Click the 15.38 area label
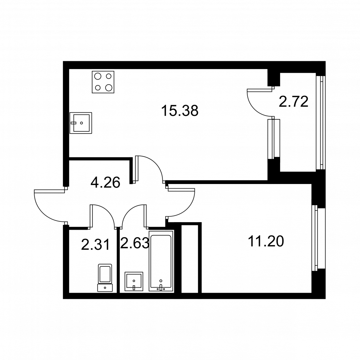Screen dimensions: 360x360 click(x=180, y=111)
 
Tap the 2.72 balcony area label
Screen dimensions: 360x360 click(x=293, y=102)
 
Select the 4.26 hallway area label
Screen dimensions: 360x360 click(x=105, y=183)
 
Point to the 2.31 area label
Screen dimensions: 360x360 click(x=96, y=244)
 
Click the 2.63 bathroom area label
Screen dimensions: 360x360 click(x=135, y=243)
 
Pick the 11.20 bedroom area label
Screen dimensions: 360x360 click(x=266, y=241)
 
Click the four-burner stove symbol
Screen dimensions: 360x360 click(x=103, y=82)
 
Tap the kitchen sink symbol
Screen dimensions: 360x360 click(x=81, y=123)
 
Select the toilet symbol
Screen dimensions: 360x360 click(x=105, y=278)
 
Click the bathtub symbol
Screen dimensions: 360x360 click(x=161, y=261)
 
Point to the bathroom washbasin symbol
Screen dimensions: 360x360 click(x=134, y=282)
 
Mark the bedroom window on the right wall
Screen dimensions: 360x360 click(x=319, y=238)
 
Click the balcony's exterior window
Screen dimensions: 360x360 click(x=321, y=122)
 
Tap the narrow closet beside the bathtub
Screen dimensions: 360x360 click(x=190, y=258)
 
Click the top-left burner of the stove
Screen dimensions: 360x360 click(x=98, y=76)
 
